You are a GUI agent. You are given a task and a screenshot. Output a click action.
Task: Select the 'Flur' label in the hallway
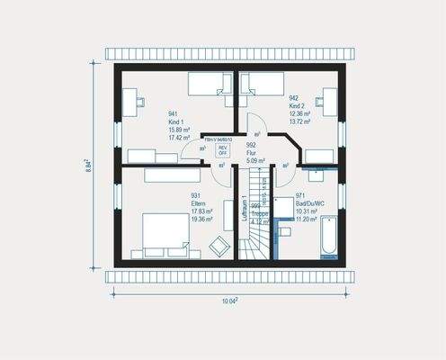tap(250, 153)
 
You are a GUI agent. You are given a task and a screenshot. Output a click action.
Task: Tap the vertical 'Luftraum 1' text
tap(244, 209)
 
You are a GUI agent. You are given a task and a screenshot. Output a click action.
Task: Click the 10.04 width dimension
tap(229, 301)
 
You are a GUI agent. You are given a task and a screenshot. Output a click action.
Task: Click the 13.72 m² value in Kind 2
tap(299, 121)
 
